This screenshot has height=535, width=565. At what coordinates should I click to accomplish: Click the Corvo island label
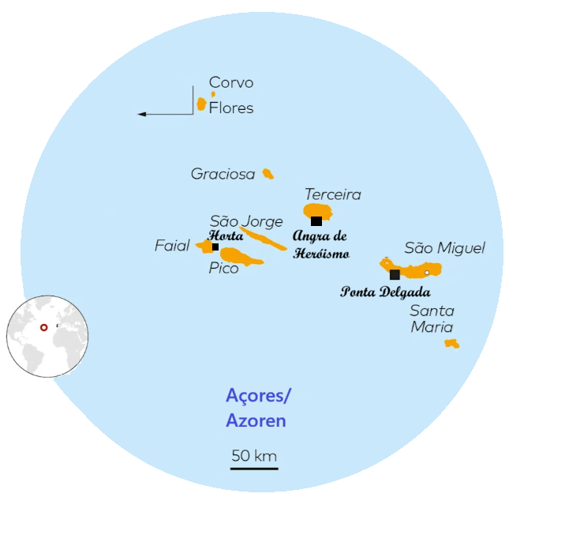click(x=231, y=82)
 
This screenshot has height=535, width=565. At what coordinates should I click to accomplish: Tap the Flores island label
click(x=231, y=108)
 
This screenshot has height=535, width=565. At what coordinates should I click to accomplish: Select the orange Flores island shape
click(x=201, y=104)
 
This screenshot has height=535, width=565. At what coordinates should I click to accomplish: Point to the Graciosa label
click(x=223, y=174)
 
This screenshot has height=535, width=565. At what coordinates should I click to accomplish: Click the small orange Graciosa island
click(x=268, y=174)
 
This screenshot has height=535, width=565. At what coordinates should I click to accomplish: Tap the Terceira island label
click(x=332, y=194)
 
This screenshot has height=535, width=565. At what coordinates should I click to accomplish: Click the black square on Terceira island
click(x=316, y=221)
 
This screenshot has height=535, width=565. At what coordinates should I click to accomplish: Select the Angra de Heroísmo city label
click(x=320, y=244)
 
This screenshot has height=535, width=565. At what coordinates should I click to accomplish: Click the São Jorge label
click(x=245, y=221)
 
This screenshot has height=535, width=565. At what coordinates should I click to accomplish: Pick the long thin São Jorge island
click(x=264, y=239)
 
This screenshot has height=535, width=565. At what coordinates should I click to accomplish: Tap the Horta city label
click(x=225, y=235)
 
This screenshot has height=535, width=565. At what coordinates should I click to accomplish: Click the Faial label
click(x=172, y=247)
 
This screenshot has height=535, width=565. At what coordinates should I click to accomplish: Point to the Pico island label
click(x=223, y=269)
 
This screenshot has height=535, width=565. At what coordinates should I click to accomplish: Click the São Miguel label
click(x=444, y=248)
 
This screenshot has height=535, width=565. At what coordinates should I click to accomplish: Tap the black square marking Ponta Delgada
click(x=395, y=274)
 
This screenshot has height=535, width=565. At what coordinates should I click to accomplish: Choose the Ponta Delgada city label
click(x=385, y=292)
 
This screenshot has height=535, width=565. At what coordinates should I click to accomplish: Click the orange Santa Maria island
click(x=451, y=344)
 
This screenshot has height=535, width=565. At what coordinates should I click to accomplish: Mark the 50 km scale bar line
click(x=254, y=469)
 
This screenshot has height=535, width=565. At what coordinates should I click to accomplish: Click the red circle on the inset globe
click(x=44, y=327)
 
